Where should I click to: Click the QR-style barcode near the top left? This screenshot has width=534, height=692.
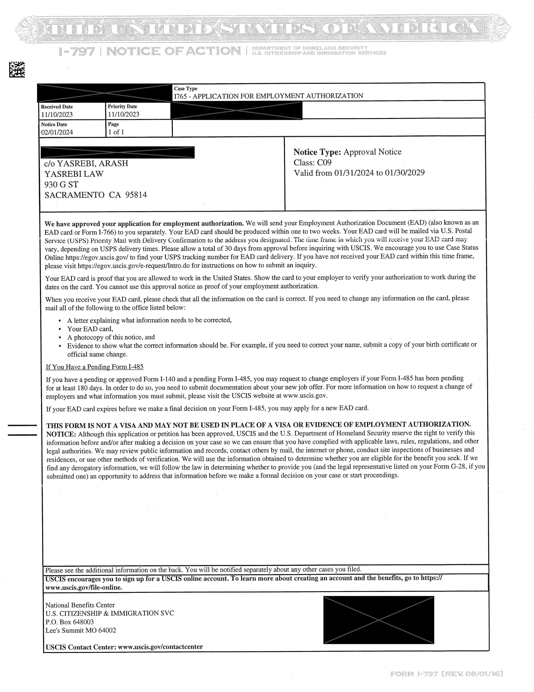[17, 69]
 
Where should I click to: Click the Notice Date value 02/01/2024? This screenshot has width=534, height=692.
[57, 132]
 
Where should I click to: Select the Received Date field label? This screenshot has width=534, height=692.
[57, 107]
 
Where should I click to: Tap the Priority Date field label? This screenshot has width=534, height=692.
[122, 107]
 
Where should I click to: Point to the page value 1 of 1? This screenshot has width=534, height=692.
[116, 132]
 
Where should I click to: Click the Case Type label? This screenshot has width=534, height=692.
[185, 89]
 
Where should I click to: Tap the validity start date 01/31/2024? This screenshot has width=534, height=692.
[354, 173]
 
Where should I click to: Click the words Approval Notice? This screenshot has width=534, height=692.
[372, 152]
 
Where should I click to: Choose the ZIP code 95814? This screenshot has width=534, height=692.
[136, 195]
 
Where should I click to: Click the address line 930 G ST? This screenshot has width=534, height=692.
[61, 184]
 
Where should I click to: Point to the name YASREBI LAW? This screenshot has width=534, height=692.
[74, 174]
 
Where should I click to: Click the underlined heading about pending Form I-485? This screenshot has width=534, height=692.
[95, 367]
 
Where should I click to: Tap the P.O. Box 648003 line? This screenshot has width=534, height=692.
[70, 622]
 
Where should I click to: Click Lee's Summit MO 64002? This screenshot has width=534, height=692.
[81, 630]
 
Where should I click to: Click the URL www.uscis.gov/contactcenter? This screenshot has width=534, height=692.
[160, 647]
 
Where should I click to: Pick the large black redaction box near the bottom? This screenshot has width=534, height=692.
[378, 620]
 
